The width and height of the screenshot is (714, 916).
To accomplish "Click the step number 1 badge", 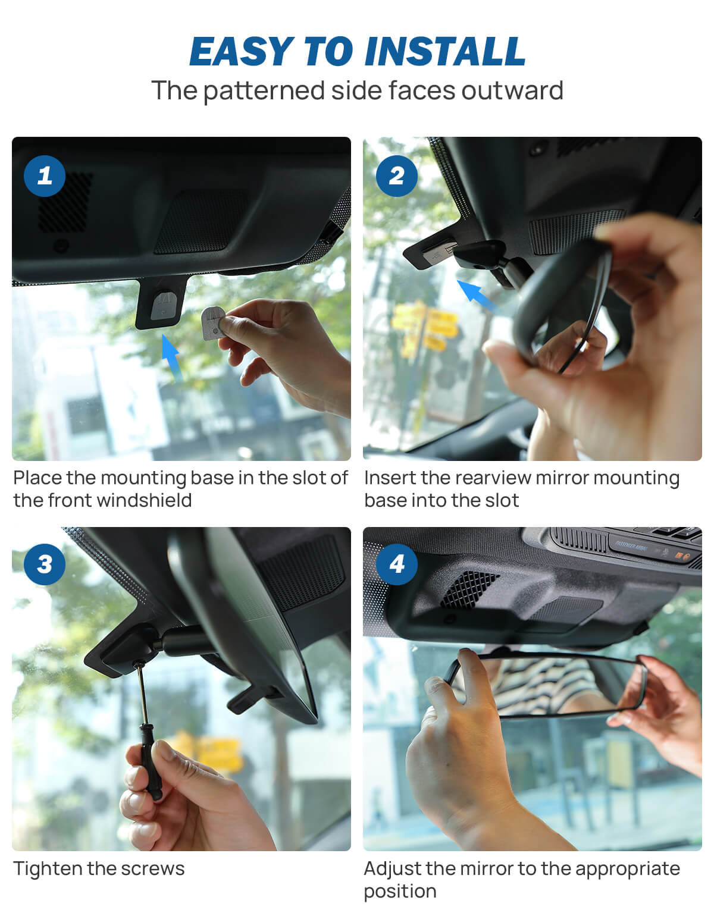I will (x=45, y=175).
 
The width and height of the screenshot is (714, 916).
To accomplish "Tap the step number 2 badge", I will (x=396, y=175).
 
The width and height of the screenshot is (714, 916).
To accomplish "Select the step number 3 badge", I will (x=45, y=564).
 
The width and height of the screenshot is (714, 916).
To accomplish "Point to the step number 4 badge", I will (x=396, y=564).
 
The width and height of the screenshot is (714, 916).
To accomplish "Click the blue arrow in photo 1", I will (x=171, y=356).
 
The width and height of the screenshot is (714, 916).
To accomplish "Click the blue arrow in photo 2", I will (x=477, y=296).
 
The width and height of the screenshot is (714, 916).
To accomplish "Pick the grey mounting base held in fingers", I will (x=212, y=322).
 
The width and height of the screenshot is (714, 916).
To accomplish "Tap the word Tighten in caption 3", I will (x=48, y=868).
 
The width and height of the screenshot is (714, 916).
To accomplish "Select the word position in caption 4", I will (x=400, y=892).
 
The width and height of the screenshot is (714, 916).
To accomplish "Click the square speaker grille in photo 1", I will (x=65, y=202).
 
